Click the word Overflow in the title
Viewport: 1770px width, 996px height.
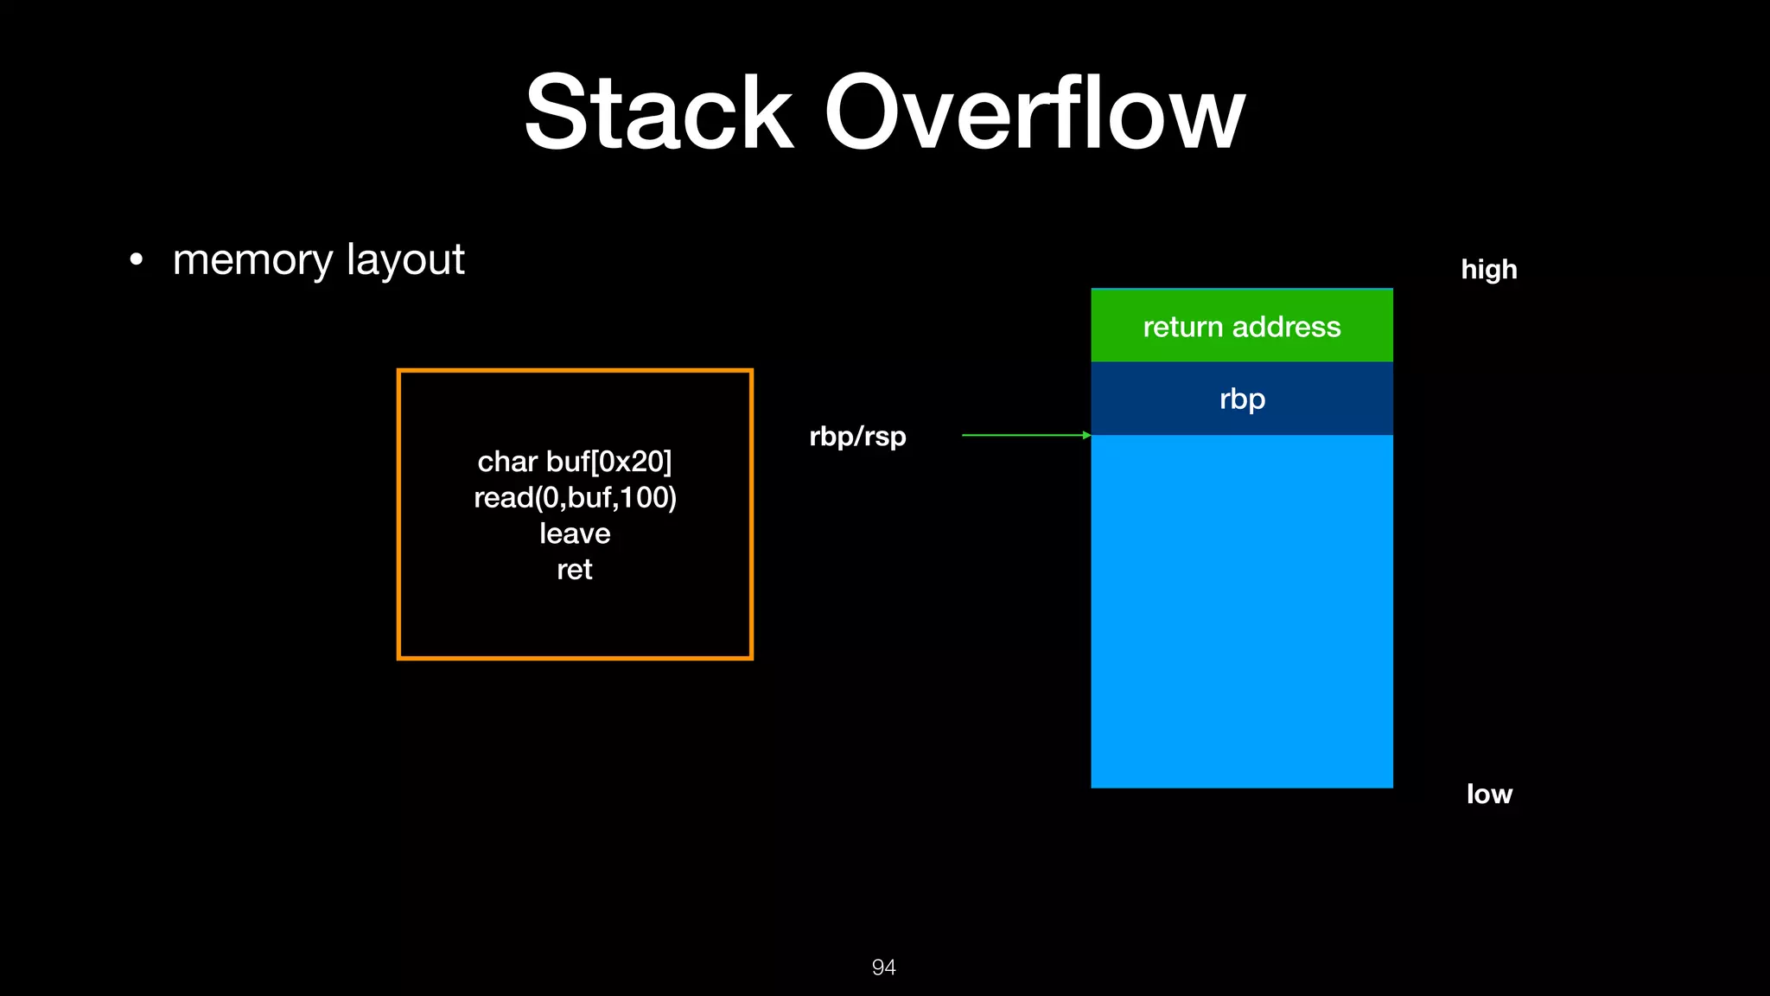(x=1034, y=112)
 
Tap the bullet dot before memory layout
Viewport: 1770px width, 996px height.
(x=136, y=259)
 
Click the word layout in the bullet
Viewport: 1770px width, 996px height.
(x=404, y=260)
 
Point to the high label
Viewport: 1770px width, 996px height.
(x=1488, y=270)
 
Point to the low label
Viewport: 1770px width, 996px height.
(x=1488, y=794)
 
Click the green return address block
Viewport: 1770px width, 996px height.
(x=1241, y=326)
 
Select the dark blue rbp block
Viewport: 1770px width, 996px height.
(x=1241, y=399)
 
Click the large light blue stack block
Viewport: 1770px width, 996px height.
(x=1241, y=611)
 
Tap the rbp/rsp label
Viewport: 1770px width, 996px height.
(x=857, y=437)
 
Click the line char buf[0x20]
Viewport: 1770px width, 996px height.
(x=575, y=462)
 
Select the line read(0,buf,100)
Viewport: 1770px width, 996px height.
(x=575, y=498)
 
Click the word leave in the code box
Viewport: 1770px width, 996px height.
(x=575, y=533)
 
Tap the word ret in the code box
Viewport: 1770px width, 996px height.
(x=575, y=570)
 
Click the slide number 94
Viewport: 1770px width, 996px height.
(x=883, y=967)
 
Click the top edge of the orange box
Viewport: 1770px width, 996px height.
(x=575, y=371)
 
